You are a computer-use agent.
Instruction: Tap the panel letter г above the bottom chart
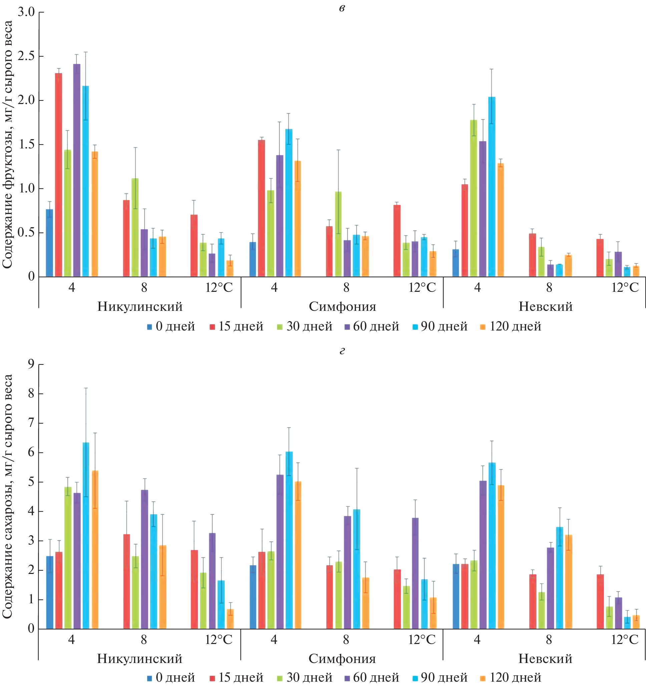coord(342,351)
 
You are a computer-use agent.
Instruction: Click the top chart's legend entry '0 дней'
coord(171,326)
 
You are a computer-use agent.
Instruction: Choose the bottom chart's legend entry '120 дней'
coord(511,677)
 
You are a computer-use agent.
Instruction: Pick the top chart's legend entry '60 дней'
coord(372,326)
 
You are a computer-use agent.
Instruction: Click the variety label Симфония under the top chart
coord(342,306)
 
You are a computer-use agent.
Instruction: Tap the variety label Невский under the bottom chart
coord(545,658)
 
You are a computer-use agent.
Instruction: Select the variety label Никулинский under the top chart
coord(140,306)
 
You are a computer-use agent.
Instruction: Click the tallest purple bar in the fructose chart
coord(77,170)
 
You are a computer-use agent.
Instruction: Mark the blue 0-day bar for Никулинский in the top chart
coord(50,243)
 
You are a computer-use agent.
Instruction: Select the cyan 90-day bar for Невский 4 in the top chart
coord(492,187)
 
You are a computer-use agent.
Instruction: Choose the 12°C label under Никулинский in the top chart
coord(219,287)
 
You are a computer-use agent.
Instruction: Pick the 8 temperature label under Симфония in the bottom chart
coord(346,639)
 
